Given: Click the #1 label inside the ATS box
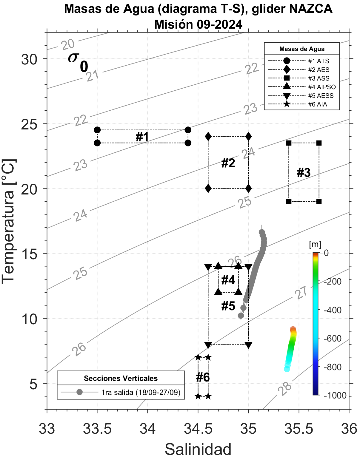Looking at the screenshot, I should click(x=142, y=137).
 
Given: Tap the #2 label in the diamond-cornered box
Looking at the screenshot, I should click(x=228, y=163).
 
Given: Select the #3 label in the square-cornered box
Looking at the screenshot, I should click(x=304, y=173).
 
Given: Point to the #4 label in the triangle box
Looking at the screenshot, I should click(x=228, y=280).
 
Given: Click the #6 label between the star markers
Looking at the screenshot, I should click(x=203, y=377).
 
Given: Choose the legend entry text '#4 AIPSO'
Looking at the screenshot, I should click(x=322, y=87).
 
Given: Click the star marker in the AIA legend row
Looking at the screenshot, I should click(x=287, y=104).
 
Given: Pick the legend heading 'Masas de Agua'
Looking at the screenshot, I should click(x=302, y=49).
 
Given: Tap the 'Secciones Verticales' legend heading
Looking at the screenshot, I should click(x=121, y=379).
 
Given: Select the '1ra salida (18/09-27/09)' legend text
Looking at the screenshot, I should click(x=141, y=392).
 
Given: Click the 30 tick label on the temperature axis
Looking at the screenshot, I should click(x=29, y=59).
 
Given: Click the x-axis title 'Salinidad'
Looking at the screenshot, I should click(x=198, y=449).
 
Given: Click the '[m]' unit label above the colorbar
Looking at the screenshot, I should click(x=315, y=245).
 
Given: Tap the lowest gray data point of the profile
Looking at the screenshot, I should click(x=241, y=316).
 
